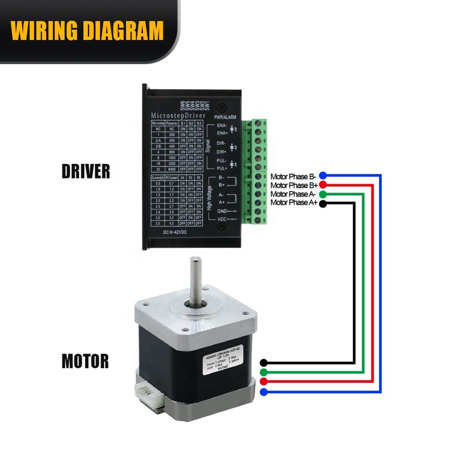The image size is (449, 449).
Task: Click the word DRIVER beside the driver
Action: pos(86,171)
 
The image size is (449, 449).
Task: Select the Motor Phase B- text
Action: pos(294,177)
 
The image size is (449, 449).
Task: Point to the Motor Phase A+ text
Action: pos(294,202)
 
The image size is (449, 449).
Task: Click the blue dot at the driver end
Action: pos(323,176)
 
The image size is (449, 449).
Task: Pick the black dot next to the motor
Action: pos(264,363)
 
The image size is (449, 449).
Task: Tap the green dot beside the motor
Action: pos(264,372)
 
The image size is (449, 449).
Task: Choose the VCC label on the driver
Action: pos(222,220)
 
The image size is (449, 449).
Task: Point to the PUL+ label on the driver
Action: pos(222,167)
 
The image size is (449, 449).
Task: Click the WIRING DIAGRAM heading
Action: pos(87,31)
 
